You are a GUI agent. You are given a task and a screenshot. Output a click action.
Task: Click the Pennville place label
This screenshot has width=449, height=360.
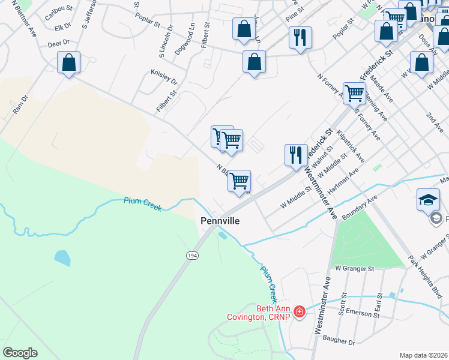[220, 221]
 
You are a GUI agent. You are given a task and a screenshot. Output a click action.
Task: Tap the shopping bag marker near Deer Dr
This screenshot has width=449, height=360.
[69, 63]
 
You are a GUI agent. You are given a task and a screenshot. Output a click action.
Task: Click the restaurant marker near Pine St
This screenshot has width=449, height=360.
[300, 38]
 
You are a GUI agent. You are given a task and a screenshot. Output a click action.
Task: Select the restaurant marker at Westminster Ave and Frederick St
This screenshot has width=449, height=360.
[296, 155]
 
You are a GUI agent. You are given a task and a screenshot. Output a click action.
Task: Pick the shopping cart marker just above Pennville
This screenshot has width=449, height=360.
[239, 180]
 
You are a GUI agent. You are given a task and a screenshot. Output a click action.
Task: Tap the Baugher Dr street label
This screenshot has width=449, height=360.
[339, 341]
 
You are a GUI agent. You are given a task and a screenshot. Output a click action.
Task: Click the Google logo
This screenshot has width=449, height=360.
[20, 352]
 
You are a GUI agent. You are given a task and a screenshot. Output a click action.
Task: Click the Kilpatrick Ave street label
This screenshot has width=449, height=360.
[351, 146]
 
